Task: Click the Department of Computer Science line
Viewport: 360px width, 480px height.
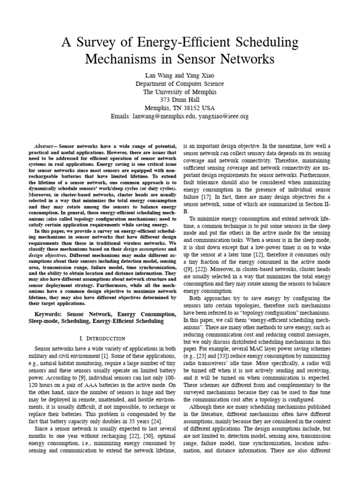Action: pos(180,83)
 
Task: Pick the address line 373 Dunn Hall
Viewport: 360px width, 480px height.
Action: pos(180,100)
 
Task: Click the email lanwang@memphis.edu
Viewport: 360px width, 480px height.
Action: pos(164,116)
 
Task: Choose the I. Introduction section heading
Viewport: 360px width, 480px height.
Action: pos(102,338)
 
